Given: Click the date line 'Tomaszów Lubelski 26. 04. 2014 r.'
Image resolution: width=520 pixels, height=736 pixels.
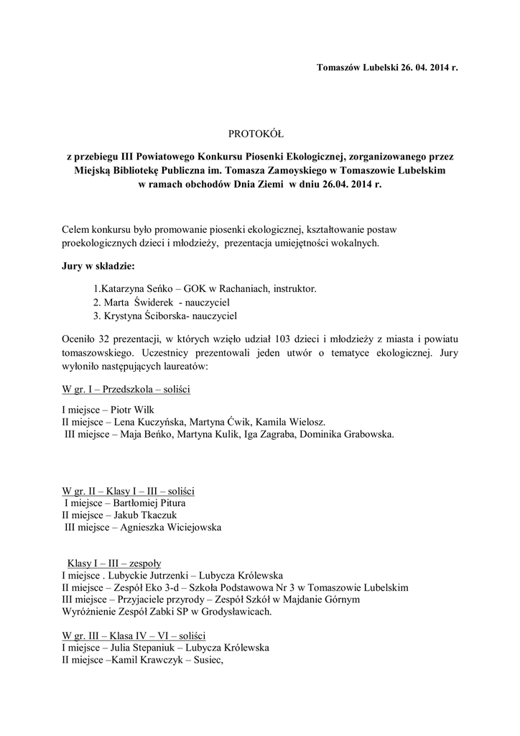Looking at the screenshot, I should click(386, 68).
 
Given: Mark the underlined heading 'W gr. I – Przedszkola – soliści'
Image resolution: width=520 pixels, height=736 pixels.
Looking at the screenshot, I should click(126, 389).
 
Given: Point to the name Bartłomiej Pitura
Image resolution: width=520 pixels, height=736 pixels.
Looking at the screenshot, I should click(152, 503).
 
